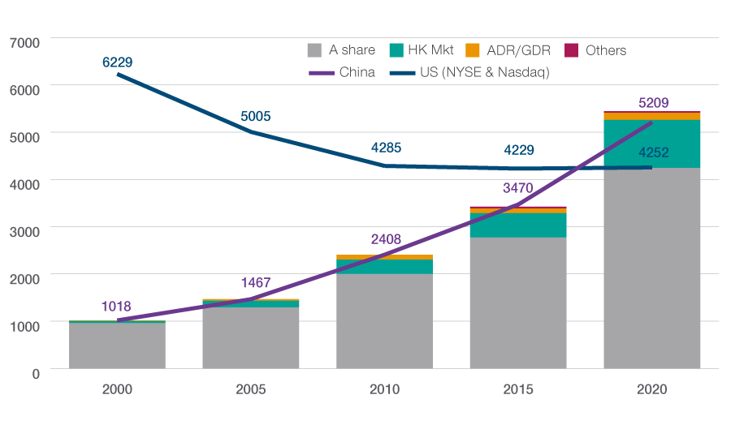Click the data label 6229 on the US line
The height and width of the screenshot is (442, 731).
[118, 62]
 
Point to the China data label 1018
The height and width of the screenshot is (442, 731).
[117, 307]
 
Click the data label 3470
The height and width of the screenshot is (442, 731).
[519, 187]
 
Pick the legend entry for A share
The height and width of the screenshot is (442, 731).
[342, 50]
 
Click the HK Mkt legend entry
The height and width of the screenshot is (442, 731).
[420, 50]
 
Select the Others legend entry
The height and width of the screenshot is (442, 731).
[595, 50]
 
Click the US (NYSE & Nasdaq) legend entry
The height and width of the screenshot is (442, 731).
[471, 72]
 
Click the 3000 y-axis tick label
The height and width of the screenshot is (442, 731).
[24, 230]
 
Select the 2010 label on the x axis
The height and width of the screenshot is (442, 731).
[385, 389]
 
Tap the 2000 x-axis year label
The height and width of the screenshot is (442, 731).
[118, 389]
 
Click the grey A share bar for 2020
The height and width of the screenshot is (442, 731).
[652, 268]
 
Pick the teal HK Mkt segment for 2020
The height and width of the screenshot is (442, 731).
[652, 144]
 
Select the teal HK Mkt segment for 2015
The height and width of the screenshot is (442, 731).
[519, 225]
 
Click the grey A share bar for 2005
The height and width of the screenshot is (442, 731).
[251, 337]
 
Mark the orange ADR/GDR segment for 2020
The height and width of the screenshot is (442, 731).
[652, 116]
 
